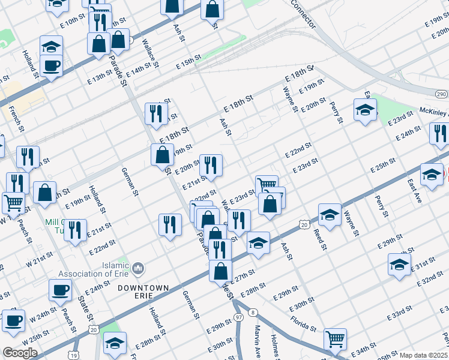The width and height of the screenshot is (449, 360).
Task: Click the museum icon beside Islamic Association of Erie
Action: [139, 267]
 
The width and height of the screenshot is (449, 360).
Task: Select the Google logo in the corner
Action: [20, 353]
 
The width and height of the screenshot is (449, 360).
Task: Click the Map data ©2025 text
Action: [423, 355]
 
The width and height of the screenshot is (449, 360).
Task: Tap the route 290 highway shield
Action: [441, 94]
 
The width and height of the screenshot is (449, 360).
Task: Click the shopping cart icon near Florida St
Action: [335, 338]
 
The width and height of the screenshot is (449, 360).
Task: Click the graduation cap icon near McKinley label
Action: [365, 110]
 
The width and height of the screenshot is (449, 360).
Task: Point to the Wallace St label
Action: [151, 52]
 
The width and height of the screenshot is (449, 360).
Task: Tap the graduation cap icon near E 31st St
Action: [400, 264]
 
